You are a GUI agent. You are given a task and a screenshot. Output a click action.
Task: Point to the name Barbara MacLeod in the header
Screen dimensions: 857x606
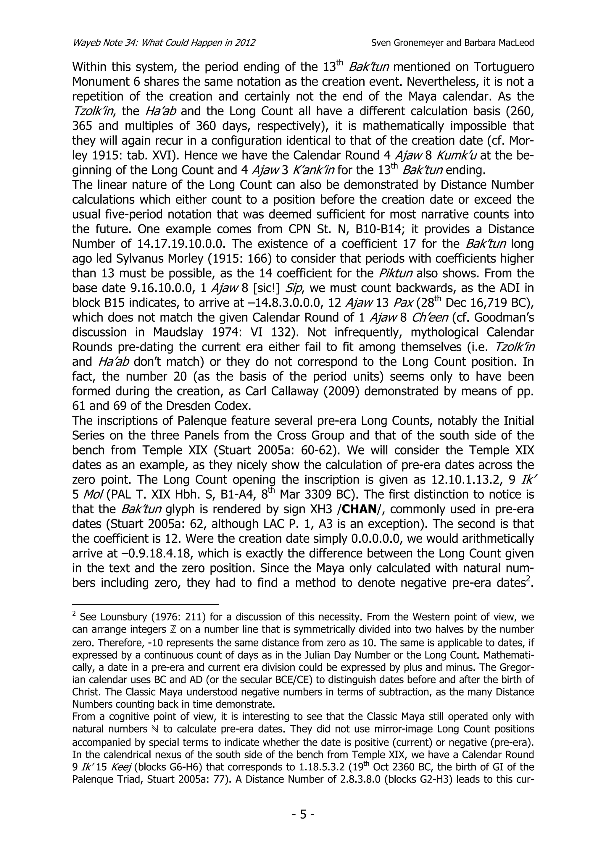pyautogui.click(x=499, y=43)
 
